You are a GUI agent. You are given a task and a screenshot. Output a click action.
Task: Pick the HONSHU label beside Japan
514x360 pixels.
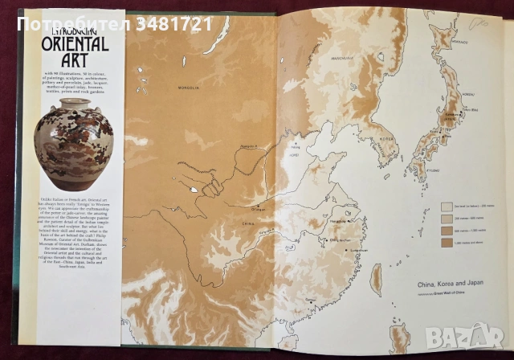464,96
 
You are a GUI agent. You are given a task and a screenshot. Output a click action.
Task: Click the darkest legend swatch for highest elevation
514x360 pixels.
447,241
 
